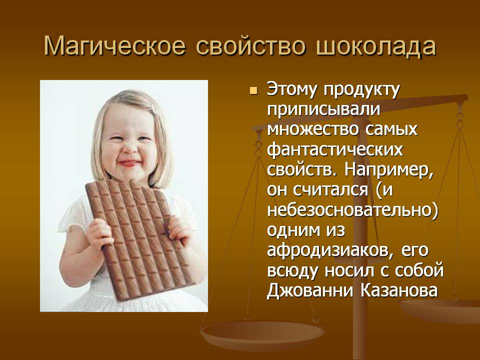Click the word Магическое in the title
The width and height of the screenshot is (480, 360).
click(x=115, y=46)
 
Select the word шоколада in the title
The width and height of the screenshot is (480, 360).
click(x=376, y=46)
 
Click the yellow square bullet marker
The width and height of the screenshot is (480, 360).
click(x=253, y=90)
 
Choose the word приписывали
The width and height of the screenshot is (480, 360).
click(x=323, y=110)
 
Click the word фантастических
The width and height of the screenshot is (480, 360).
click(x=335, y=150)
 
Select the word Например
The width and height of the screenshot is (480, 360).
click(x=389, y=170)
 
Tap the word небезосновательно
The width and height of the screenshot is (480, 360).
click(x=352, y=210)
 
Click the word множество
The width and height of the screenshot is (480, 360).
click(x=313, y=130)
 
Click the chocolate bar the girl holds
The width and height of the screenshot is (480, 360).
click(x=140, y=239)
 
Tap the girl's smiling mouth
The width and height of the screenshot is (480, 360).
click(x=129, y=163)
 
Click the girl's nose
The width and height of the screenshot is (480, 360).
click(x=129, y=149)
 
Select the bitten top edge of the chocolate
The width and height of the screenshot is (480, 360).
click(x=131, y=183)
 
